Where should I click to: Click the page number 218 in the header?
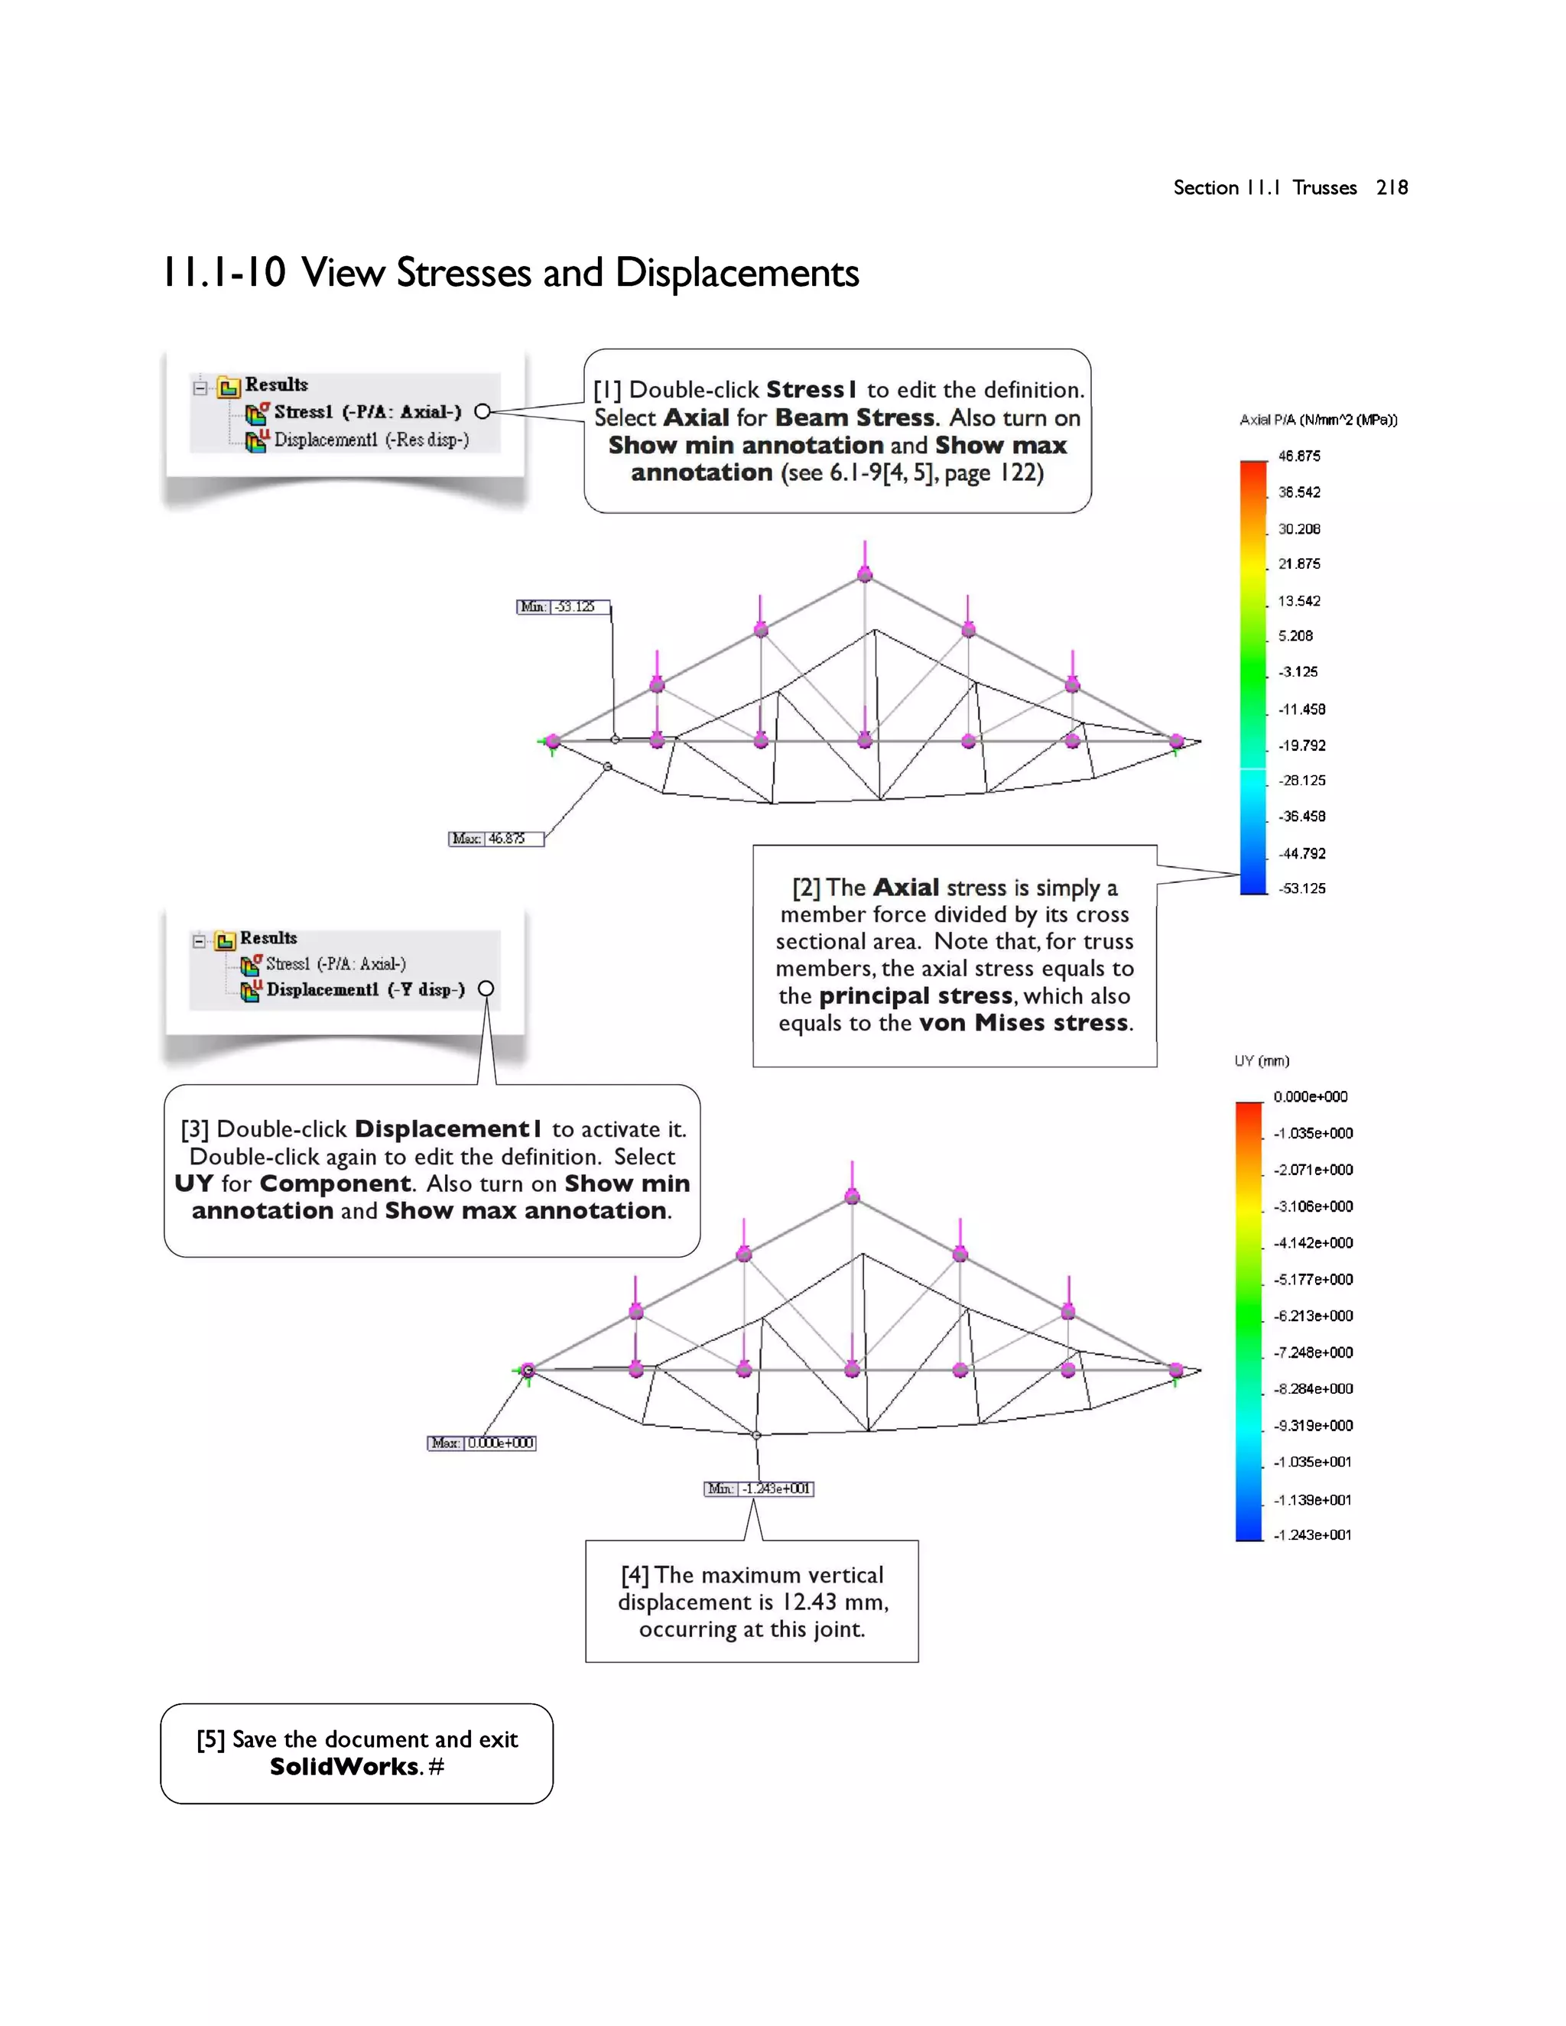(x=1392, y=187)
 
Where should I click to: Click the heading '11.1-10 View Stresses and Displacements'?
(x=510, y=273)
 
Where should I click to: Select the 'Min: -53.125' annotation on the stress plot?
(x=562, y=607)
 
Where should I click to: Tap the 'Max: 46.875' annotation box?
(x=495, y=839)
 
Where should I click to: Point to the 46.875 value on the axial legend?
(x=1299, y=456)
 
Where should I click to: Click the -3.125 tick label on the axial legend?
(x=1297, y=671)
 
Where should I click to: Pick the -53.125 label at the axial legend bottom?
(x=1301, y=888)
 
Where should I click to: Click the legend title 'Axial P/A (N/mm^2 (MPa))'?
(x=1317, y=420)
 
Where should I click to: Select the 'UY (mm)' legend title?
(x=1262, y=1061)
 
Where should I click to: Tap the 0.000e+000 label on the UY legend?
(x=1310, y=1096)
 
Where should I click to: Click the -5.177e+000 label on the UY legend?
(x=1313, y=1279)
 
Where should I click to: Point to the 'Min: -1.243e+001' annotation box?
(x=759, y=1489)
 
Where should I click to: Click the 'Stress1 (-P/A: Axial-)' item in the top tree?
(x=366, y=412)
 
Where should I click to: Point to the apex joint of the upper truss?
(x=865, y=575)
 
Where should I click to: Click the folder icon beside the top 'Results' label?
(x=228, y=386)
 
